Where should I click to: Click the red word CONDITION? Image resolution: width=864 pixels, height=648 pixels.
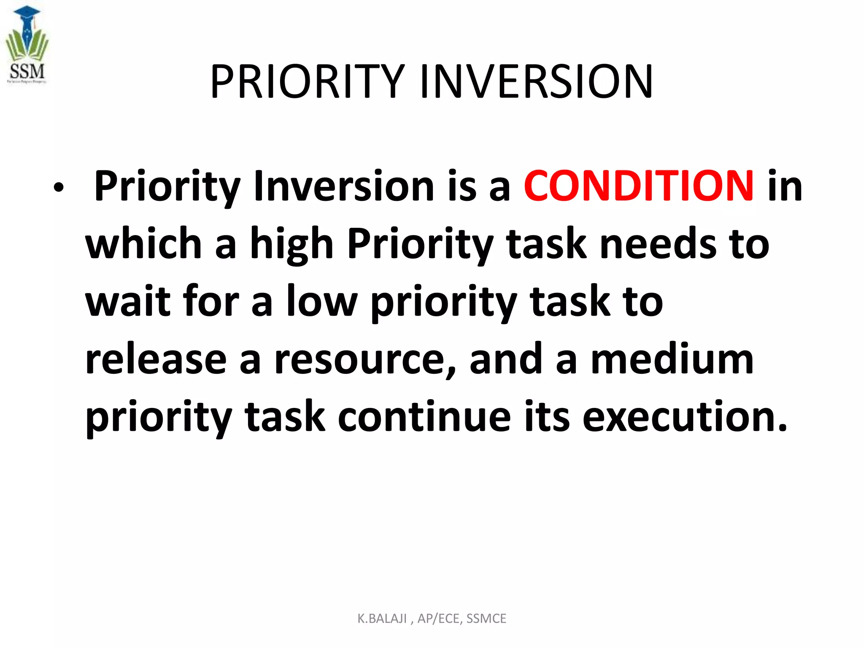tap(638, 186)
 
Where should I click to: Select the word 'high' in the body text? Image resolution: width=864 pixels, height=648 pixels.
tap(292, 245)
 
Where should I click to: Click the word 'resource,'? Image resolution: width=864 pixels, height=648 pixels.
tap(365, 360)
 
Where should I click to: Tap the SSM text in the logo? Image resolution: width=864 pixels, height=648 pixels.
tap(27, 71)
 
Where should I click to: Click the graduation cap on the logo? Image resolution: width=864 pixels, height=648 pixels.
tap(27, 12)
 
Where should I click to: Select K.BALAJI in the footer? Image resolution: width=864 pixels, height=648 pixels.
tap(382, 618)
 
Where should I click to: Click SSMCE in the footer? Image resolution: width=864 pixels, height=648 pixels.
tap(486, 618)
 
